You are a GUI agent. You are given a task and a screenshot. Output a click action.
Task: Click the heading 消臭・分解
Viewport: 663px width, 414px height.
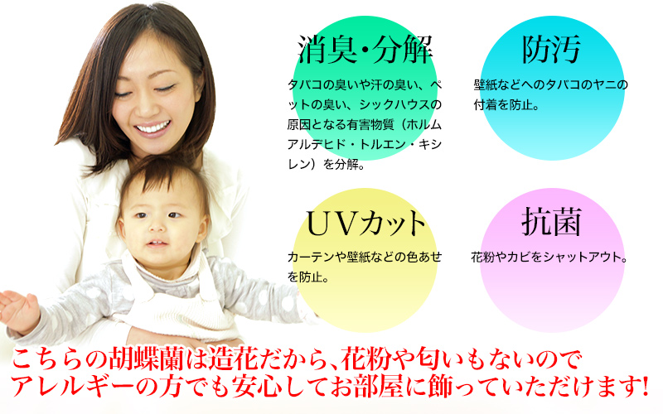[365, 50]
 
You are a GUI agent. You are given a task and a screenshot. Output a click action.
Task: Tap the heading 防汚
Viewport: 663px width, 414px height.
[551, 50]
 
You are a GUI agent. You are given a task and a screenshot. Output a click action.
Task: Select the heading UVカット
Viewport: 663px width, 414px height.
[365, 223]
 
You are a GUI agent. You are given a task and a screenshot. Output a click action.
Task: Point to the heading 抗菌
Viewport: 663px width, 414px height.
[551, 222]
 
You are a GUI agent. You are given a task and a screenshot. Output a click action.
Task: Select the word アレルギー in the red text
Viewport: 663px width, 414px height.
[70, 387]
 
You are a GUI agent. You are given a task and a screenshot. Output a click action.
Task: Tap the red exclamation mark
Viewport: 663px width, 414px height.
[644, 386]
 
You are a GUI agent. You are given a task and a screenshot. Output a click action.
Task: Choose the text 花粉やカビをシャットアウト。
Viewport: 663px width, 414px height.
[549, 257]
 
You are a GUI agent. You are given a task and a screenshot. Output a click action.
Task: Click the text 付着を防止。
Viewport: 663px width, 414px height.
[506, 105]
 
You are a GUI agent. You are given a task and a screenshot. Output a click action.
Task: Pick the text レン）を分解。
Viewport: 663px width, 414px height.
[327, 164]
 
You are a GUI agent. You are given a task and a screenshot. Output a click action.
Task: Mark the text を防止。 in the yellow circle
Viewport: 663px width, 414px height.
[308, 277]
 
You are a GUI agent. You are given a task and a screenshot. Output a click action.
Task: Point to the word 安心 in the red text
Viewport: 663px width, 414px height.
[257, 387]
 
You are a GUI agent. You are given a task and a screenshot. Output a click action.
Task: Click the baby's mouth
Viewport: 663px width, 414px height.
[157, 243]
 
